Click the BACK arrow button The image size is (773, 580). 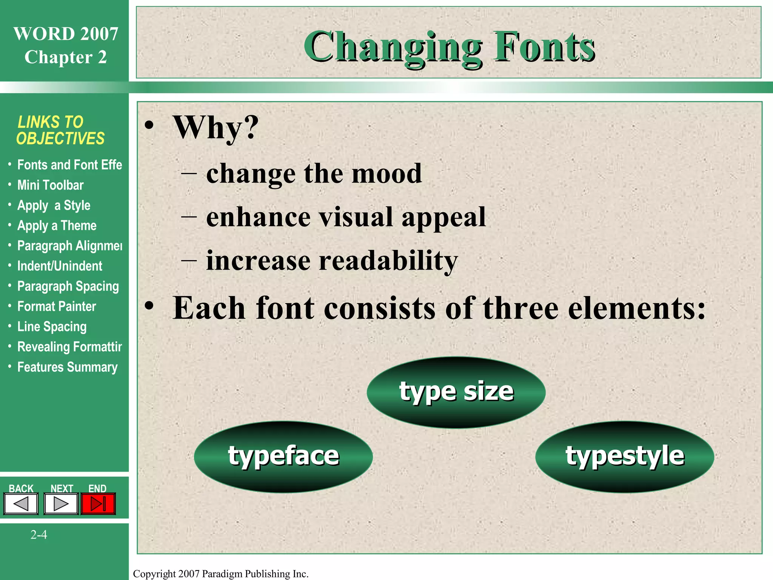pos(21,504)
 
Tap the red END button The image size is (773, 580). pos(98,504)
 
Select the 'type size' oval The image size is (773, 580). pos(456,392)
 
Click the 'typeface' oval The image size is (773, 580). pos(283,457)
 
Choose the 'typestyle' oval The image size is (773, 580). pos(625,457)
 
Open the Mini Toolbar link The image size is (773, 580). pos(50,185)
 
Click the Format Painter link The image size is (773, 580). pos(57,307)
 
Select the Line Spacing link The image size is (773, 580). pos(52,327)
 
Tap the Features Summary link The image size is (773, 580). pos(68,367)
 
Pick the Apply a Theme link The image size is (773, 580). pos(57,226)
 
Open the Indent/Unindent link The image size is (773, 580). pos(60,266)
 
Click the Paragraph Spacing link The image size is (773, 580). pos(68,286)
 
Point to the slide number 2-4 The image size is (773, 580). pos(39,535)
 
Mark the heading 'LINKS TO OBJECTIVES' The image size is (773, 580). pos(60,130)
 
